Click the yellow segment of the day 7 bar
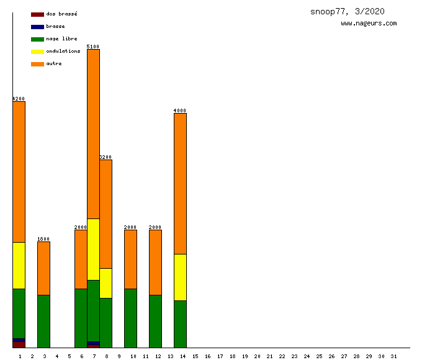pos(93,249)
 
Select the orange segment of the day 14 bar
pos(180,183)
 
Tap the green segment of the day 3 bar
pos(43,321)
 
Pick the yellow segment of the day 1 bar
pos(19,265)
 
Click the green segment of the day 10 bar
pos(130,318)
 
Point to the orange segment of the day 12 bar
pos(155,262)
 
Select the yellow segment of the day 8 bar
pos(105,283)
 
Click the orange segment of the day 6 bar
pos(81,259)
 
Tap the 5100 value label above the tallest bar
pos(93,47)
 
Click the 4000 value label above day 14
pos(180,110)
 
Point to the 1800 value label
pos(43,239)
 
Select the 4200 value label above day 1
pos(19,99)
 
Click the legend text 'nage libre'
pos(61,38)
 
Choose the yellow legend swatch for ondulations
pos(37,52)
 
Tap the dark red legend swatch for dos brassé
pos(37,14)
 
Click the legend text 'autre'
pos(54,63)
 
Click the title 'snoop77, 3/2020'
pos(348,12)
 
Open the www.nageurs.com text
pos(369,24)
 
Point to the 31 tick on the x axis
pos(393,356)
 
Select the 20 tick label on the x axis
pos(257,356)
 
